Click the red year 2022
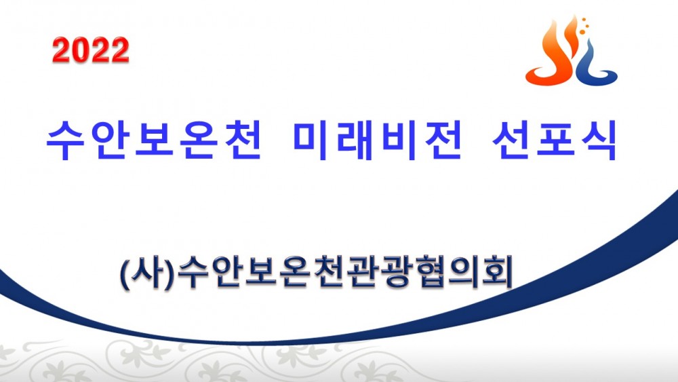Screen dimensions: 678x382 91,50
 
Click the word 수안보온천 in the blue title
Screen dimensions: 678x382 154,140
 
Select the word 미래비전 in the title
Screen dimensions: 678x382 378,140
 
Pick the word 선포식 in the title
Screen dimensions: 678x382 555,140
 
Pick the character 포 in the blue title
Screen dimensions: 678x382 555,138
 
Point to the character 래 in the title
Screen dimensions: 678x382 355,140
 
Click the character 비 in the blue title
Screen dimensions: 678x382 399,140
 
